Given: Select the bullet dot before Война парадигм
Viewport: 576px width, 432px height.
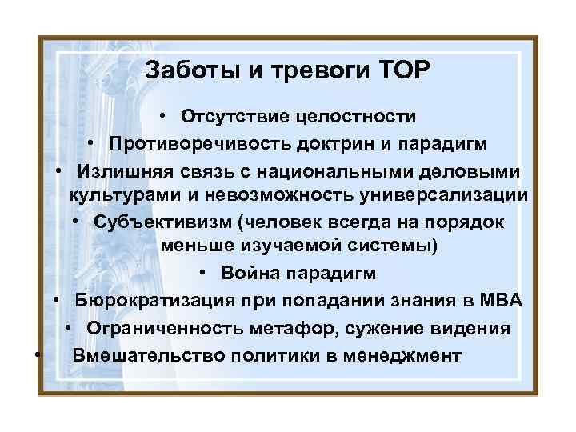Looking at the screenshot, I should coord(205,273).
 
